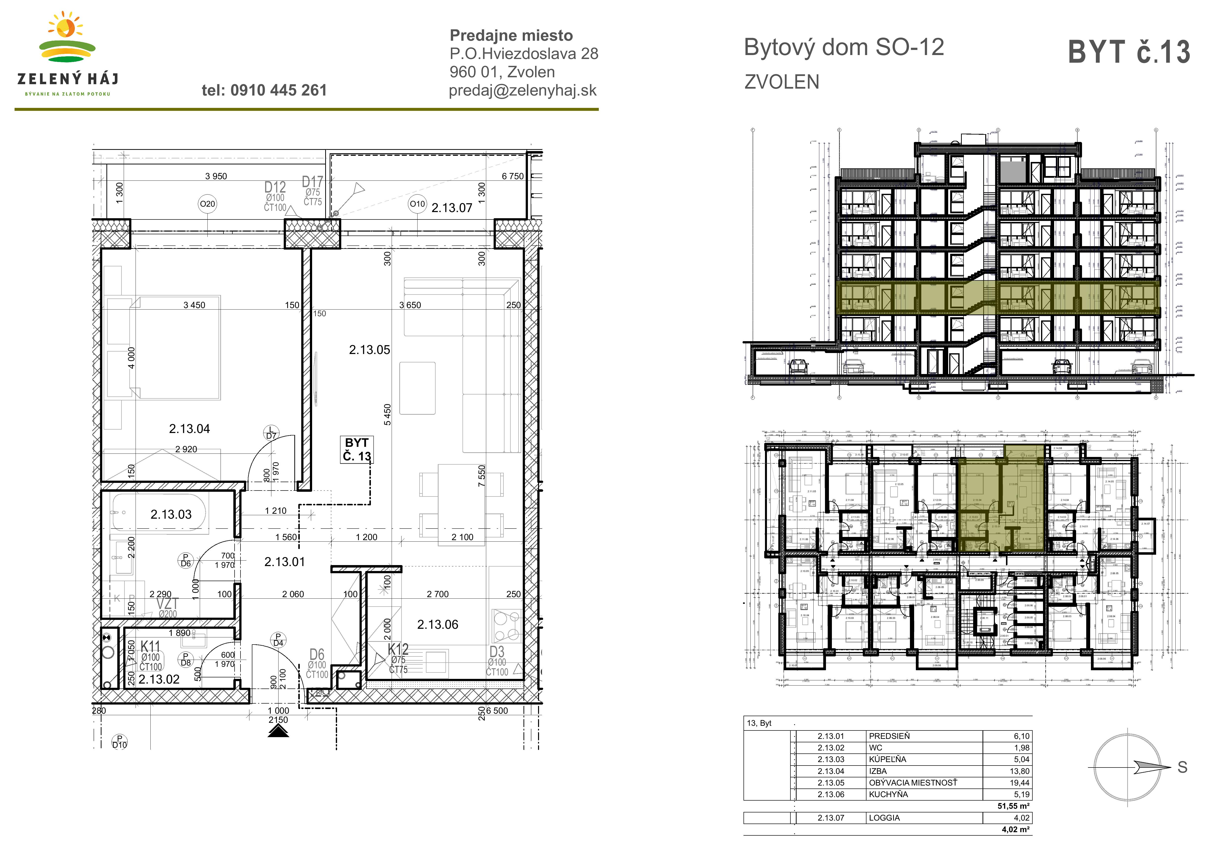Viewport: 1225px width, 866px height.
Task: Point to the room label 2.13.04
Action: [x=189, y=429]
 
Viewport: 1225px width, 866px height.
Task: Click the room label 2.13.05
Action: [x=369, y=350]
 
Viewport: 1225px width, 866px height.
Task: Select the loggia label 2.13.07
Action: [x=451, y=208]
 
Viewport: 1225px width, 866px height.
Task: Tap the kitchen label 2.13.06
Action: [x=438, y=624]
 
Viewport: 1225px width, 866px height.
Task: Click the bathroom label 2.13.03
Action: [x=171, y=514]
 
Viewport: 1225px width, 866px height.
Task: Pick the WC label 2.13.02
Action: [x=159, y=679]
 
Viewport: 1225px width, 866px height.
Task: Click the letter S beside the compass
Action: [x=1182, y=767]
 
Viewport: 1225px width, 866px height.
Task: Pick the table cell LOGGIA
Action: [x=884, y=818]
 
